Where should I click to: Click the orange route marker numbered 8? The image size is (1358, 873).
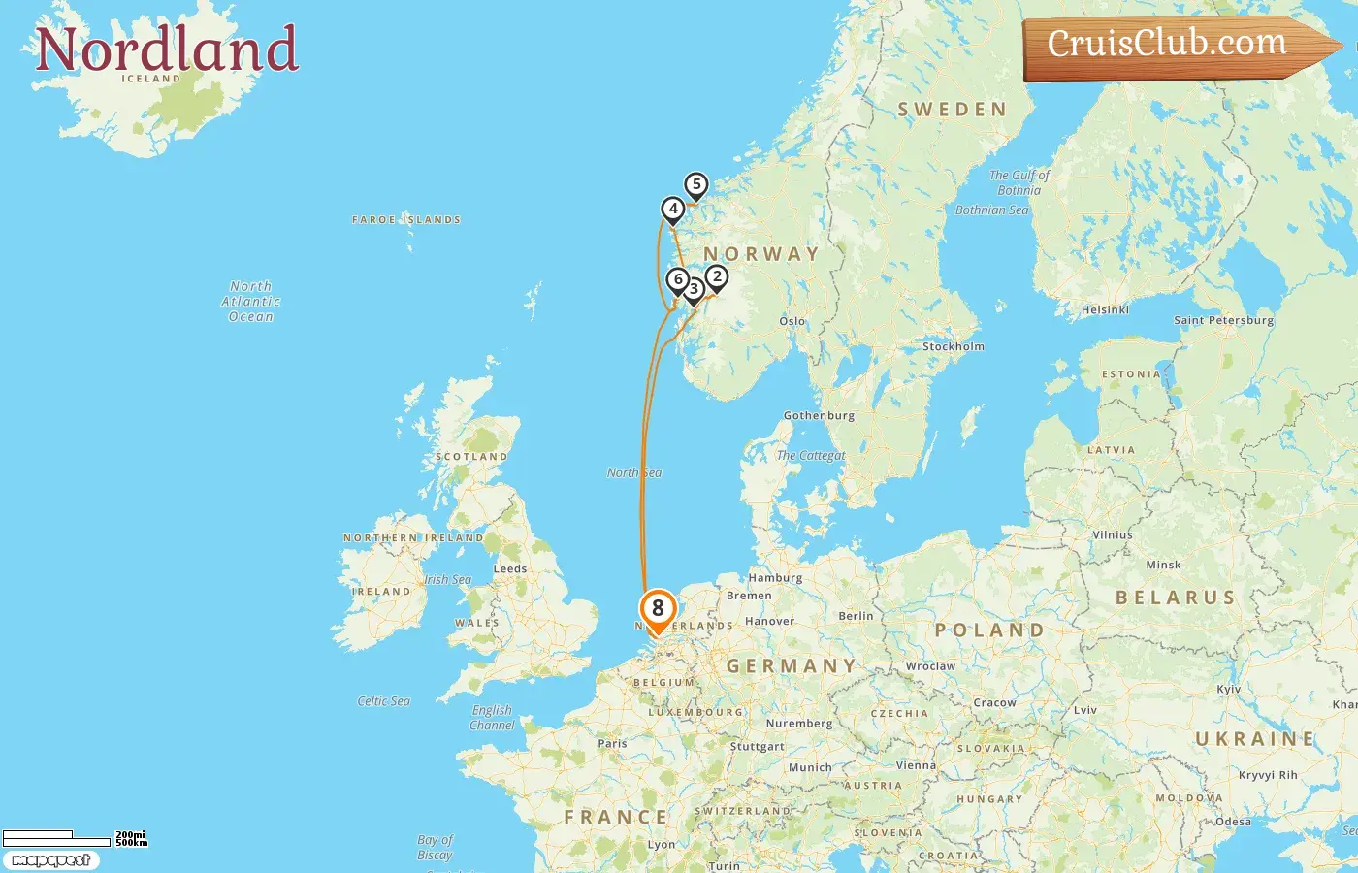(x=658, y=609)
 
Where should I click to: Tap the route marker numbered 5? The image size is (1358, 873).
(x=695, y=184)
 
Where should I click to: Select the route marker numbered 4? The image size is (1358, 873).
(x=673, y=209)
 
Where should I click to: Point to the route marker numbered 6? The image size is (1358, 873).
(x=678, y=280)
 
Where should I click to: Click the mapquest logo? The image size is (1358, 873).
(x=50, y=860)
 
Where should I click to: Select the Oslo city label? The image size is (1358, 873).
(x=792, y=321)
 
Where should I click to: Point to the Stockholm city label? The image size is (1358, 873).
(x=953, y=346)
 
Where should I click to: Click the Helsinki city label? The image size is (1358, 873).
(x=1105, y=310)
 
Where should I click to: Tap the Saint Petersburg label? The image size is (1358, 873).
(x=1223, y=320)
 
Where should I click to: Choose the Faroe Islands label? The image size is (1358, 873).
(x=405, y=220)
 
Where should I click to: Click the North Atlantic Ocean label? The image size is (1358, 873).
(x=250, y=301)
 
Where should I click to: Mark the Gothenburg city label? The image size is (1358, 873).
(x=819, y=415)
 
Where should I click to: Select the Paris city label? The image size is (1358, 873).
(x=612, y=744)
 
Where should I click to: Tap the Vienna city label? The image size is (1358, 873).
(x=916, y=765)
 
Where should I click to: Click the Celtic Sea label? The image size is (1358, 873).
(x=383, y=701)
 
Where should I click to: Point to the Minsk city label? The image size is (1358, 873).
(x=1163, y=565)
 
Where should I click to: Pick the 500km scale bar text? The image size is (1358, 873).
(x=131, y=843)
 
